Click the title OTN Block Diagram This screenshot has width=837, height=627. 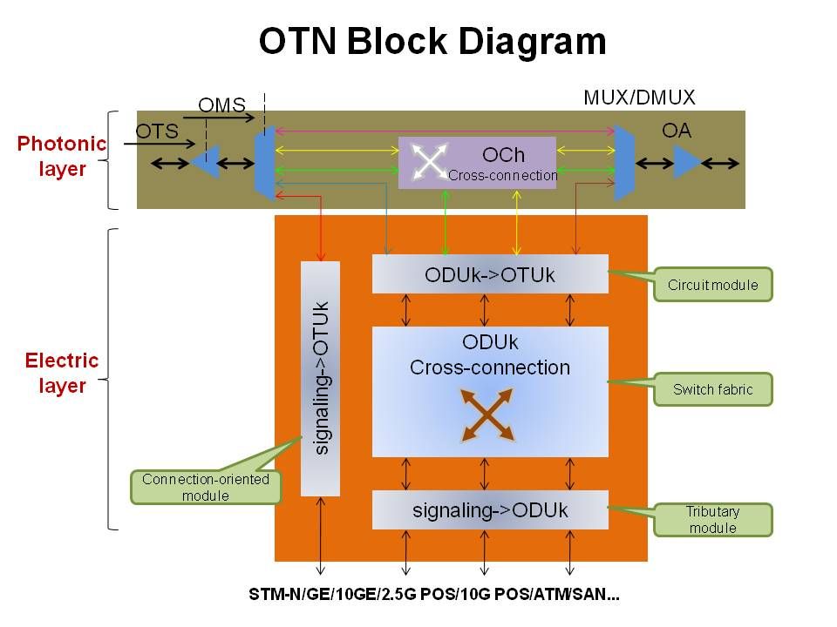pos(432,42)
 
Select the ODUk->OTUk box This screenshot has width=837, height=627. pos(490,274)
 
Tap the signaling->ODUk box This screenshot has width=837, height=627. pos(490,510)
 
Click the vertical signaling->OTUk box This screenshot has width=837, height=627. pos(320,378)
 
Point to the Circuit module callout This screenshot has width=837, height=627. pos(712,285)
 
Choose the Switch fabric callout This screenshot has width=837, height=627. pos(712,389)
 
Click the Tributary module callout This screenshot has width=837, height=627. pos(712,520)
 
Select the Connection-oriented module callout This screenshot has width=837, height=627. pos(206,488)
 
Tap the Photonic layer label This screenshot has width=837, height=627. pos(62,156)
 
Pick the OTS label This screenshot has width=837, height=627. pos(157,131)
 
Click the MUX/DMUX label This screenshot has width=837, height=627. pos(639,98)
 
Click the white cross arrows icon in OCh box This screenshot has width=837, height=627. pos(428,162)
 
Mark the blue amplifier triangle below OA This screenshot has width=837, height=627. pos(685,162)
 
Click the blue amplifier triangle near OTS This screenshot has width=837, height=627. pos(206,162)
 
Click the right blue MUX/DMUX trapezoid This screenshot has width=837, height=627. pos(624,162)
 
